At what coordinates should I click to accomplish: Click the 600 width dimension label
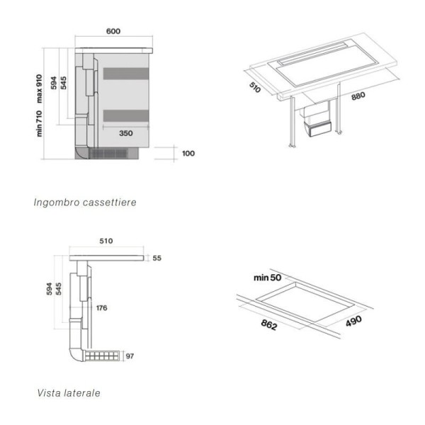click(113, 31)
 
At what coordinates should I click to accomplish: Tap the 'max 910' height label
click(39, 89)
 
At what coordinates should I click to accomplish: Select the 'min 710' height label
click(39, 123)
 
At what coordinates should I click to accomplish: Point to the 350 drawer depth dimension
click(126, 133)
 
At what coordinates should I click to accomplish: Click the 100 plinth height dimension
click(188, 154)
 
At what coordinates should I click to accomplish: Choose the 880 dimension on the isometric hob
click(358, 96)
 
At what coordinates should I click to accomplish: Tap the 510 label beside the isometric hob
click(255, 87)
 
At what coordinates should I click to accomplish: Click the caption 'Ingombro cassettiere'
click(85, 202)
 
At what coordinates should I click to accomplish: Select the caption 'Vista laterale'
click(69, 393)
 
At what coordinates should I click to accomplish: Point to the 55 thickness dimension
click(157, 258)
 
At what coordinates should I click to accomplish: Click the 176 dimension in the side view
click(101, 308)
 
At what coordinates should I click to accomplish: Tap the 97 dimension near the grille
click(130, 356)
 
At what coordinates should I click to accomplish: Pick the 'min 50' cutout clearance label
click(268, 278)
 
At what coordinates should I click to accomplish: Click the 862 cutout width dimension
click(269, 324)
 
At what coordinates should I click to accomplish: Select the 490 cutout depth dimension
click(353, 321)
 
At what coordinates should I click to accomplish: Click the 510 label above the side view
click(106, 241)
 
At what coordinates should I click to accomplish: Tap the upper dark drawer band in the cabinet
click(126, 74)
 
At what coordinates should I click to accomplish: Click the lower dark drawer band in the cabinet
click(126, 115)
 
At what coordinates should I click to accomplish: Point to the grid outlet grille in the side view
click(101, 356)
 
